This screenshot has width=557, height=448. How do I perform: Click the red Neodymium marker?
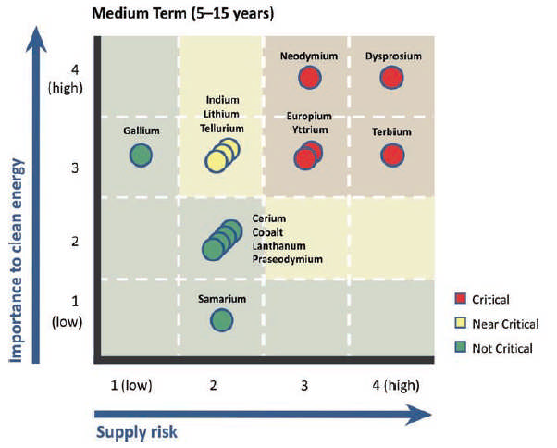coord(309,78)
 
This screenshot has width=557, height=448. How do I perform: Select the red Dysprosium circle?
coord(392,78)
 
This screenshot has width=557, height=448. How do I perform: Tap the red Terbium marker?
coord(392,155)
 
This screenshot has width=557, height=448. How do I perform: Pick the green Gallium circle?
coord(140,156)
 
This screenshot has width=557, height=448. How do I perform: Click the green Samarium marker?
coord(221,320)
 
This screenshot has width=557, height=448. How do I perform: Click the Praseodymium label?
coord(287,260)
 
